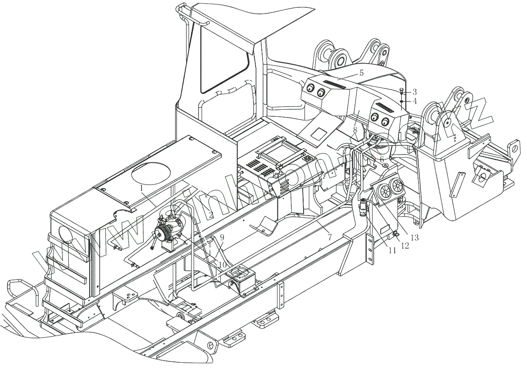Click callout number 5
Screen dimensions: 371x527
click(361, 73)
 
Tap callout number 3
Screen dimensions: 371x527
click(414, 92)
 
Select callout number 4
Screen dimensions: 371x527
click(414, 101)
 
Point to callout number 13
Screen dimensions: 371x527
click(414, 238)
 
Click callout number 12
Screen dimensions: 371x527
click(405, 246)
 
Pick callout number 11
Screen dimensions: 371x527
click(392, 251)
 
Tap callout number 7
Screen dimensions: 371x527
click(330, 237)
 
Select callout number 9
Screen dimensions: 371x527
click(222, 237)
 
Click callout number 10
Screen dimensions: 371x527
click(222, 265)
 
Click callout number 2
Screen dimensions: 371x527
click(211, 214)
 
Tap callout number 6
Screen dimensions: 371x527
click(382, 160)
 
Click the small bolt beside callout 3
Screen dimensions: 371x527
click(402, 91)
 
